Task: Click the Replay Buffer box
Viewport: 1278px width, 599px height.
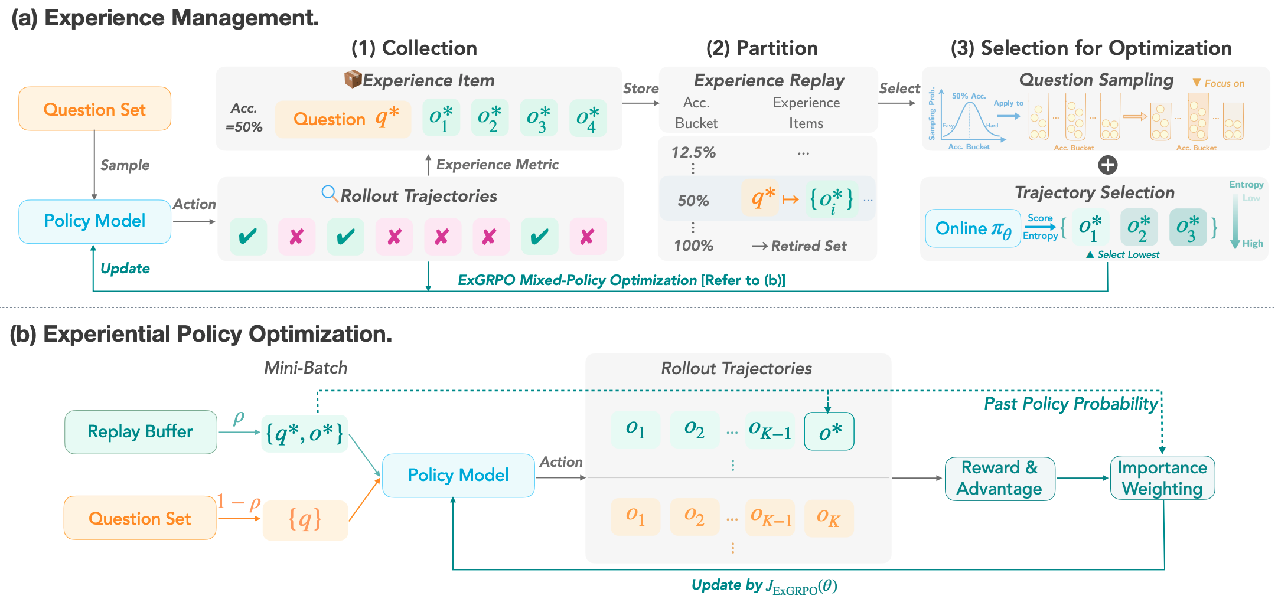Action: (x=141, y=432)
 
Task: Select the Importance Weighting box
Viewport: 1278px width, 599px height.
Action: (x=1162, y=478)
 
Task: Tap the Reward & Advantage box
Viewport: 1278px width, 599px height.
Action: (x=1000, y=479)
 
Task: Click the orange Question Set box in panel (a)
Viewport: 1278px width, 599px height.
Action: (x=94, y=109)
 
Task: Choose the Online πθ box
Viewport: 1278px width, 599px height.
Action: (x=973, y=228)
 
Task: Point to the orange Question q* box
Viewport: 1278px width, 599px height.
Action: (x=343, y=119)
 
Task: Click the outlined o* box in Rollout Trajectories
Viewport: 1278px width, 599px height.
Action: (x=829, y=431)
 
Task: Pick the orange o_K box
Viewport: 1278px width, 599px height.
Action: (x=829, y=518)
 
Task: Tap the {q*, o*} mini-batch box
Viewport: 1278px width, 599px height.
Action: (x=305, y=433)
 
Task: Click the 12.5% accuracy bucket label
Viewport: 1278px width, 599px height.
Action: (x=693, y=152)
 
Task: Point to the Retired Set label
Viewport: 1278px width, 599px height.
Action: (x=808, y=246)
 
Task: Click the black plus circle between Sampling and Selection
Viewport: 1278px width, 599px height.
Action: (x=1107, y=165)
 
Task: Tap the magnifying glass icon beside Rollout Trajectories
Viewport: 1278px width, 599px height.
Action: (x=329, y=194)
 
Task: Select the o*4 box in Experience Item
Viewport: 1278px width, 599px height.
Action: (x=588, y=118)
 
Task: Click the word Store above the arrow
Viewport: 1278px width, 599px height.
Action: (x=641, y=89)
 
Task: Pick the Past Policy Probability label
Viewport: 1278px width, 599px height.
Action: (x=1070, y=404)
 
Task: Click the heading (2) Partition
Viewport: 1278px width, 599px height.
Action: (x=762, y=48)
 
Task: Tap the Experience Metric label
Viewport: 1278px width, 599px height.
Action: (x=497, y=165)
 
